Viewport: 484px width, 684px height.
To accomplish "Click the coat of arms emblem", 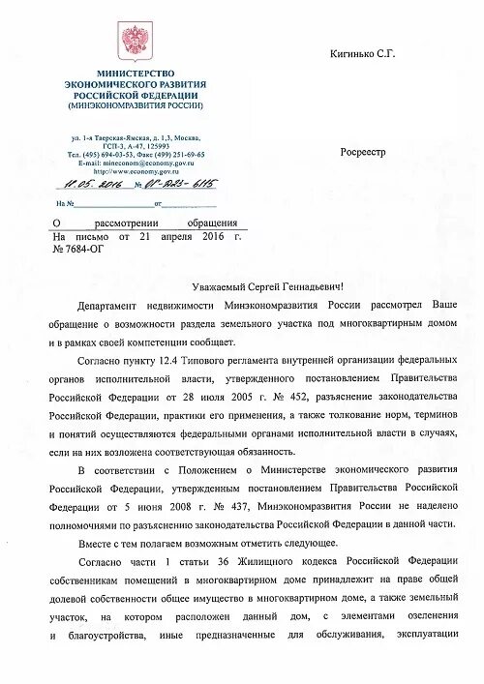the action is coord(131,42).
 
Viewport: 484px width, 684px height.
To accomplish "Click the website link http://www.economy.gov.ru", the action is coord(134,172).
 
